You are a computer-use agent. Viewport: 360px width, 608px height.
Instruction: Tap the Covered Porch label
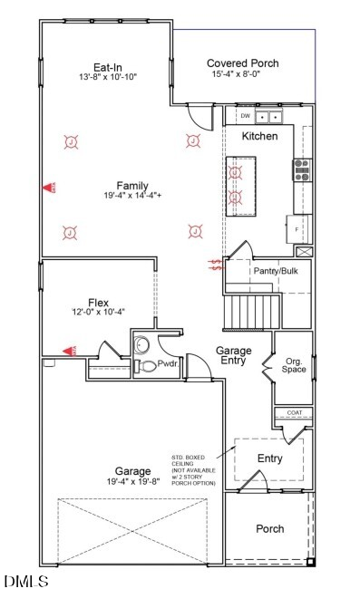click(x=242, y=63)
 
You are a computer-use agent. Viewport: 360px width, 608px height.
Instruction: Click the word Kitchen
click(x=259, y=136)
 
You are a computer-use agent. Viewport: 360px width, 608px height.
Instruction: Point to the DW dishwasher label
click(x=245, y=117)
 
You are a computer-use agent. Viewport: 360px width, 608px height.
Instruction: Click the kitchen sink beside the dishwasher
click(x=268, y=117)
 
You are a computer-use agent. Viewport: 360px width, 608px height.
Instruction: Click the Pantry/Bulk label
click(x=276, y=271)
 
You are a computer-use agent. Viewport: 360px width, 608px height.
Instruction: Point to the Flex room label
click(x=98, y=302)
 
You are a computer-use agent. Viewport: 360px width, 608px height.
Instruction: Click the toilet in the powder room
click(x=143, y=366)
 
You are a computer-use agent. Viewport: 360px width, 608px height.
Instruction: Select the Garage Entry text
click(x=233, y=356)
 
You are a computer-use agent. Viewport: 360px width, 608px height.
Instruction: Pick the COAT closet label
click(x=294, y=413)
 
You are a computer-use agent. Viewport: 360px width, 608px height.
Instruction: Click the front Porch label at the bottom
click(x=269, y=529)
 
